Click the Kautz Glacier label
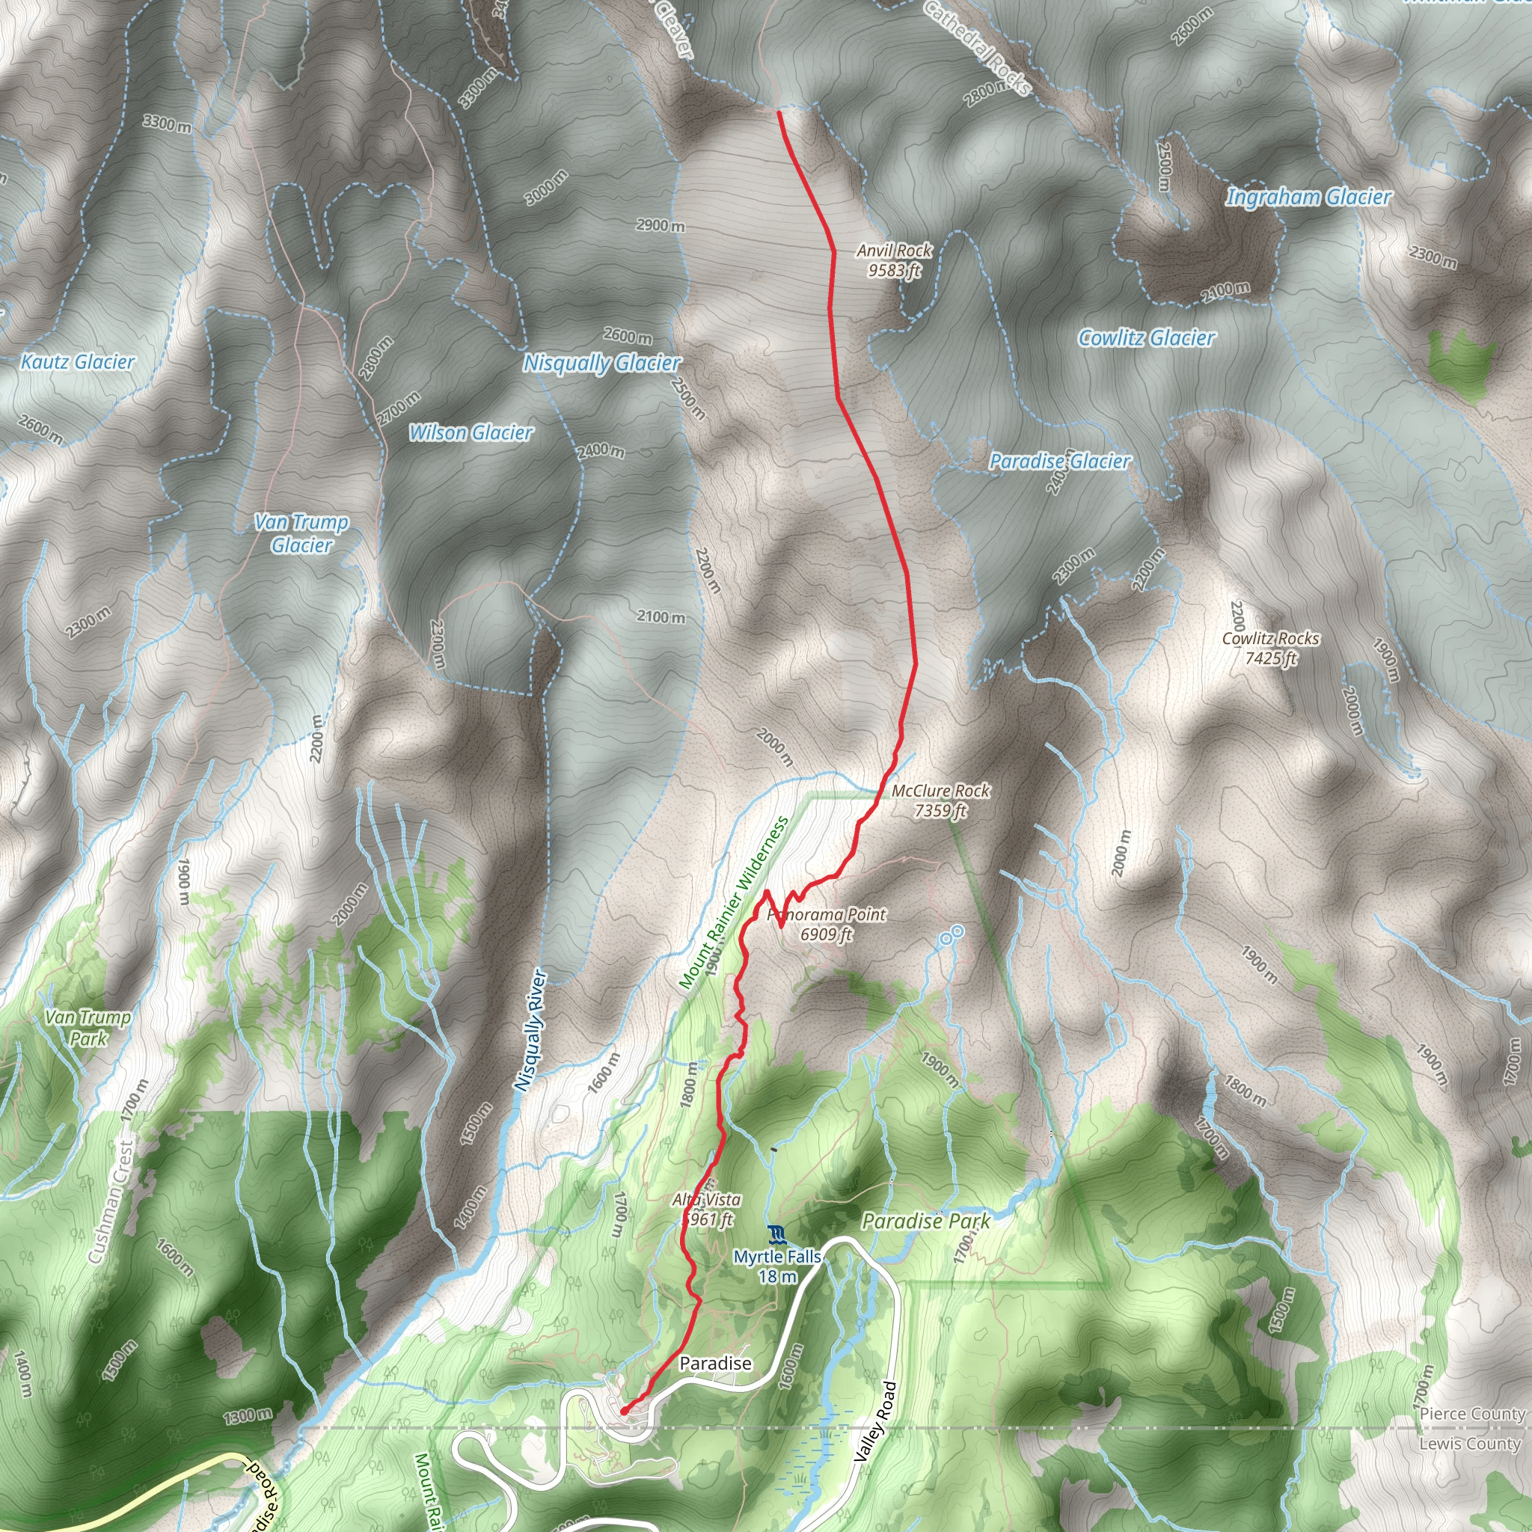point(78,362)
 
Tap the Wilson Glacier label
point(471,433)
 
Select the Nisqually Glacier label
point(602,363)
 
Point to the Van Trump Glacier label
point(301,533)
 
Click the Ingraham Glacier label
point(1308,197)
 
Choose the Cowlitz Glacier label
point(1147,339)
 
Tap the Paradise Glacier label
point(1059,462)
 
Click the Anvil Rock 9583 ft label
point(895,261)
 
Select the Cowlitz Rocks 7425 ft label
point(1270,648)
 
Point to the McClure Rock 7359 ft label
point(940,800)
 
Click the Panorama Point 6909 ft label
point(827,925)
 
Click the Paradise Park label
point(925,1221)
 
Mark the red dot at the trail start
point(624,1411)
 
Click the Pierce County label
point(1471,1414)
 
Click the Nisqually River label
point(530,1031)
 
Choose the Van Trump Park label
point(88,1028)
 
